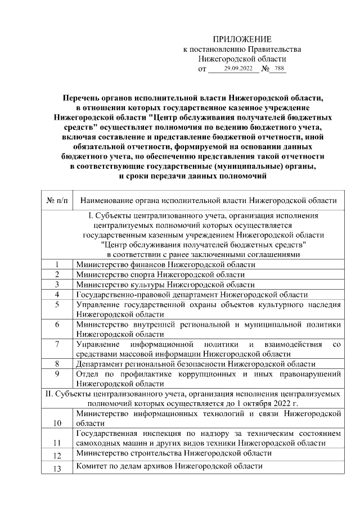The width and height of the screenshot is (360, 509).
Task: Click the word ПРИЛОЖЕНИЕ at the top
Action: (242, 39)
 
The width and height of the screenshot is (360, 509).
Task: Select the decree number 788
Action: (278, 69)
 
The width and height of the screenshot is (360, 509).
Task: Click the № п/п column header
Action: (57, 200)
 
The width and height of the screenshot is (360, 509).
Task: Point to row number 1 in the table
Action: (57, 264)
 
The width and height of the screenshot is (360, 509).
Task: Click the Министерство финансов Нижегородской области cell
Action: (161, 264)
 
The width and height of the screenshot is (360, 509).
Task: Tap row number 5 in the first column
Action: (57, 305)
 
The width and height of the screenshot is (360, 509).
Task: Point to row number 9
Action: (57, 373)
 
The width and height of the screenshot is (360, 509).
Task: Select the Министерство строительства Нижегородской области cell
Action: (174, 453)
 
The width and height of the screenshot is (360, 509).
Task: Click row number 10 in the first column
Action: (57, 423)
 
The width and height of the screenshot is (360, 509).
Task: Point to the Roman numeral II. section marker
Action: (49, 393)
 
